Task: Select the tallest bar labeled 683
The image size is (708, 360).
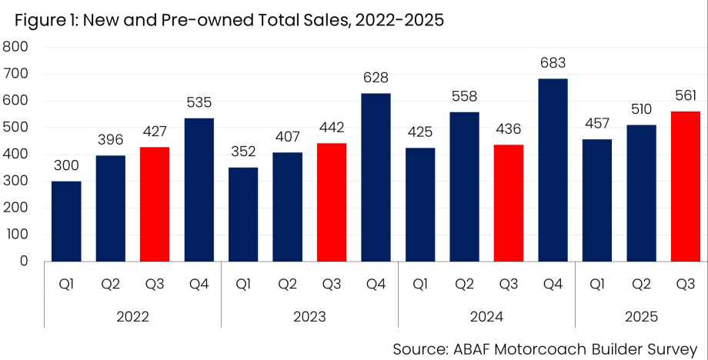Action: pos(553,170)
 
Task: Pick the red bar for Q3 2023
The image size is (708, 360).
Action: pos(332,202)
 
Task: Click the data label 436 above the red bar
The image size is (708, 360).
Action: pos(508,128)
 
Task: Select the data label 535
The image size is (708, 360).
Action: pos(199,102)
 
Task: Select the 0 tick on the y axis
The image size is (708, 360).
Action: pos(24,262)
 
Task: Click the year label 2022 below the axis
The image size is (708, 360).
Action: pos(133,316)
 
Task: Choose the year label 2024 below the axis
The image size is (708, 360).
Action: pos(486,316)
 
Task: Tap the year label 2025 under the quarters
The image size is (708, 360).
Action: pos(641,316)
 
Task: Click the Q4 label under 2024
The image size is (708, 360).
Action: pos(553,285)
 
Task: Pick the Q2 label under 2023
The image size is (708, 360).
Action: pos(288,285)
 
